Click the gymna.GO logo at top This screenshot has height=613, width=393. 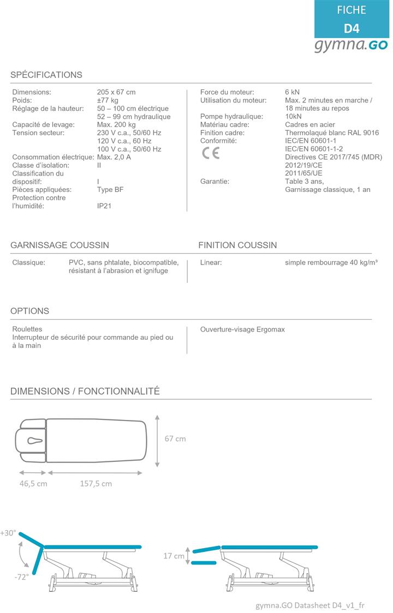pos(350,46)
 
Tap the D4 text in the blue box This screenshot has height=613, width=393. pos(352,28)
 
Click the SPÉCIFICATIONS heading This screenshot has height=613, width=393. pos(46,75)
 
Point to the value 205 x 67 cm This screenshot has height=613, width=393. pos(116,92)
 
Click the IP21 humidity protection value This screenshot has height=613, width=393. pos(104,206)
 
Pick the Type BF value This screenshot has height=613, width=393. pos(110,190)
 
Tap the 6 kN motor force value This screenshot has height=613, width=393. pos(292,92)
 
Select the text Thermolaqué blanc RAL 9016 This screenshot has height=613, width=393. pos(332,133)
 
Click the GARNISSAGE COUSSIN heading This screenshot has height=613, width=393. pos(59,245)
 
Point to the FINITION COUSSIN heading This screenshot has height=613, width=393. pos(237,245)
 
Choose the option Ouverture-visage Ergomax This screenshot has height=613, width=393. pos(242,329)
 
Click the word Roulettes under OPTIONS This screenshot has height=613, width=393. pos(27,329)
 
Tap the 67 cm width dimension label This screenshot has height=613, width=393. pos(175,438)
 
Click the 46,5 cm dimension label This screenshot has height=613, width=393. pos(33,483)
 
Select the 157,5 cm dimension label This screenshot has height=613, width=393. pos(96,483)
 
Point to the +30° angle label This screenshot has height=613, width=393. pos(9,533)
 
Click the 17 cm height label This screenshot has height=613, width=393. pos(174,556)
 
